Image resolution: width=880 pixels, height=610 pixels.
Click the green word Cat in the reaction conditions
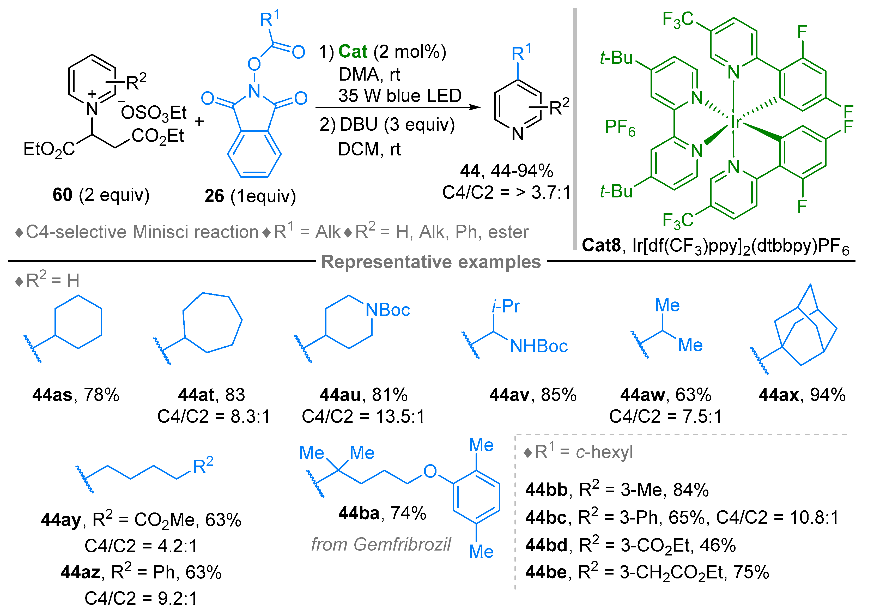coord(352,52)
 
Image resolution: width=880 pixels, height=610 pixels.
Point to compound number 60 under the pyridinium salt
coord(62,195)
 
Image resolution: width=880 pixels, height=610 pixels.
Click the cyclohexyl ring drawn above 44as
coord(78,322)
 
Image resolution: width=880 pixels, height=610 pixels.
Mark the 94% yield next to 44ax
coord(827,395)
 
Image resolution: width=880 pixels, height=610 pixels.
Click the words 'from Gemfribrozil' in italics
coord(381,544)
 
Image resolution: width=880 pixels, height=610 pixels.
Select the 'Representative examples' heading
coord(431,262)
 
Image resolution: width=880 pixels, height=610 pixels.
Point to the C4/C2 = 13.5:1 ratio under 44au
coord(363,416)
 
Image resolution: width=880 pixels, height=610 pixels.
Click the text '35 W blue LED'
coord(400,95)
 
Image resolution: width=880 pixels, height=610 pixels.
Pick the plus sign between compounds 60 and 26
coord(199,122)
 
